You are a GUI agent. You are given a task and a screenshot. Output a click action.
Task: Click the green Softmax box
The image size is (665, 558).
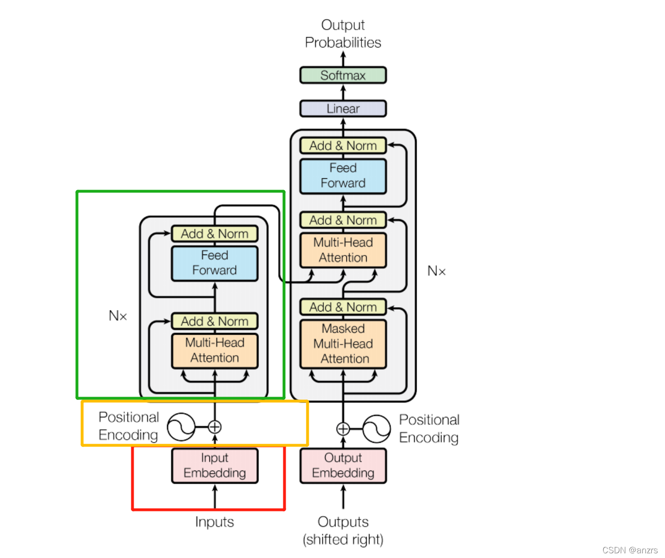[x=343, y=75]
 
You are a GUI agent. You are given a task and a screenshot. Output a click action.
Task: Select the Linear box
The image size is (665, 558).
[x=343, y=109]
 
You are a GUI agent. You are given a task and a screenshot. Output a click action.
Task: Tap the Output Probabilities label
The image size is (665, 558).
[x=343, y=33]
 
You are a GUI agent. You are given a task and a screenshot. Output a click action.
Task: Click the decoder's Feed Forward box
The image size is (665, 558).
[x=343, y=176]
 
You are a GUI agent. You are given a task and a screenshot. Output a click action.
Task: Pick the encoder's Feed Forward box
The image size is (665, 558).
[x=215, y=263]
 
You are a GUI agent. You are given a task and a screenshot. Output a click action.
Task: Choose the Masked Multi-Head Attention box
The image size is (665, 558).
[x=343, y=344]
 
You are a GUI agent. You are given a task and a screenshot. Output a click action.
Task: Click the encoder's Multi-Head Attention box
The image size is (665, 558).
[x=215, y=351]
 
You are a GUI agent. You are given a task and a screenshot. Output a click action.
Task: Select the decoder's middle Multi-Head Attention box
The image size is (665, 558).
[x=343, y=250]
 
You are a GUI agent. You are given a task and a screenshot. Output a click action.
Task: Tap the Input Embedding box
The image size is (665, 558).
[x=215, y=465]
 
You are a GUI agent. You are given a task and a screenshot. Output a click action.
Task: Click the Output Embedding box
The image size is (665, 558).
[x=343, y=465]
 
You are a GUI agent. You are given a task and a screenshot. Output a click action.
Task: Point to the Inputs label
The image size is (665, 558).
[x=215, y=522]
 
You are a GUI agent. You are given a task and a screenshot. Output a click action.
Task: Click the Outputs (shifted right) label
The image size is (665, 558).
[x=343, y=530]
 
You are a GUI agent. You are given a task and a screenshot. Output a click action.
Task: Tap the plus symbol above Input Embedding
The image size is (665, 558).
[x=215, y=427]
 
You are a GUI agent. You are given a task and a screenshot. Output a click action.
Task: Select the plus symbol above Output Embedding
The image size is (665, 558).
[x=343, y=429]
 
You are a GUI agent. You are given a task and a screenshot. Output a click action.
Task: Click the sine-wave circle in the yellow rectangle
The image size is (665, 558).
[x=181, y=427]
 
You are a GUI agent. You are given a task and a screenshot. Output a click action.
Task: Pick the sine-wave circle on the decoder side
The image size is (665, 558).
[x=377, y=429]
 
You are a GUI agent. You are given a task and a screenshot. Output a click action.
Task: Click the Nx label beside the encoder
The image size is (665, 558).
[x=118, y=316]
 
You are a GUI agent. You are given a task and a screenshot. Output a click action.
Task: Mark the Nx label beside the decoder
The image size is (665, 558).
[x=436, y=271]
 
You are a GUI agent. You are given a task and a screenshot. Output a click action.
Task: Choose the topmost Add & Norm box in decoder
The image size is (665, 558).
[x=343, y=146]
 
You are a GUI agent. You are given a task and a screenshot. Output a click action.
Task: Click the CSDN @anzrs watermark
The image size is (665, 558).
[x=630, y=550]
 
